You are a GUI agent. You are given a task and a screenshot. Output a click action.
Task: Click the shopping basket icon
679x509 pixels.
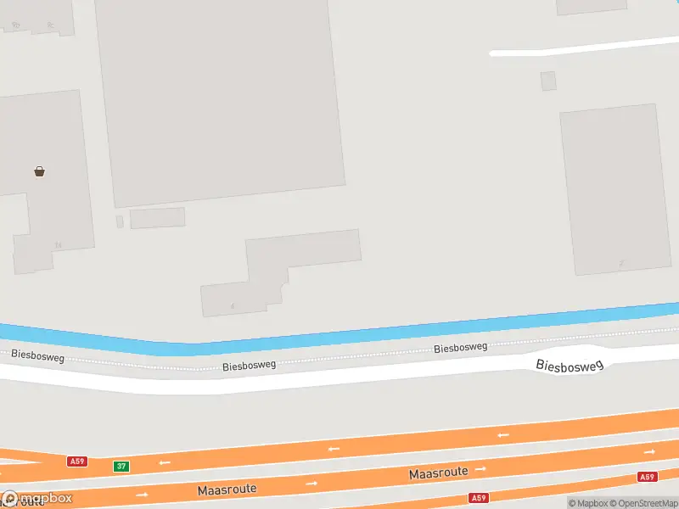(x=39, y=171)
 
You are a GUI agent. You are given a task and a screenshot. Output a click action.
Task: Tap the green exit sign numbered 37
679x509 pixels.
(x=122, y=467)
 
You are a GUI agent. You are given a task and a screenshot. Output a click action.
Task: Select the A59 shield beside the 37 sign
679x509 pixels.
(x=77, y=461)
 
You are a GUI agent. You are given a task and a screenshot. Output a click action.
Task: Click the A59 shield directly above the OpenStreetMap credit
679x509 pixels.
(x=648, y=477)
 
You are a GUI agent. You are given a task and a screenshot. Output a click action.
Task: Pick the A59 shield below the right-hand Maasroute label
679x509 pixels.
(x=478, y=498)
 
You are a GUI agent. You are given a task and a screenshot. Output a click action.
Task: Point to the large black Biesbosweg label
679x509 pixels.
(x=569, y=365)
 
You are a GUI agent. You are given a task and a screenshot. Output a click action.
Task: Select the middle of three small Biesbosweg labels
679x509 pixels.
(x=250, y=366)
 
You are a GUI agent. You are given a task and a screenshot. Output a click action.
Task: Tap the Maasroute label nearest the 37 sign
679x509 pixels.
(x=227, y=489)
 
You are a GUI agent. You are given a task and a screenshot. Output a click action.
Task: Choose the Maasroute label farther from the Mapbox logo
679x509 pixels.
(x=438, y=473)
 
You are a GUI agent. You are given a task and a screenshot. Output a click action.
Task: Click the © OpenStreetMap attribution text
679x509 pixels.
(x=647, y=503)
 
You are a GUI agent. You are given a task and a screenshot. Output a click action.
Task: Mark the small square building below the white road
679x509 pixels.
(x=548, y=81)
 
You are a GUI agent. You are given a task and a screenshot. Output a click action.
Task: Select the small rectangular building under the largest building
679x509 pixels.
(x=157, y=218)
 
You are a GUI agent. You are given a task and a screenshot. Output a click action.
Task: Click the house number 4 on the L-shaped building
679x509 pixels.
(x=232, y=305)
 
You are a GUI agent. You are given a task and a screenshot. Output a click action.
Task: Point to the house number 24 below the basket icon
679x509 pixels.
(x=58, y=245)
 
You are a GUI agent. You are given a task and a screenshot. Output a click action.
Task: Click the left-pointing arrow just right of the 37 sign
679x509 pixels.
(x=164, y=462)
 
